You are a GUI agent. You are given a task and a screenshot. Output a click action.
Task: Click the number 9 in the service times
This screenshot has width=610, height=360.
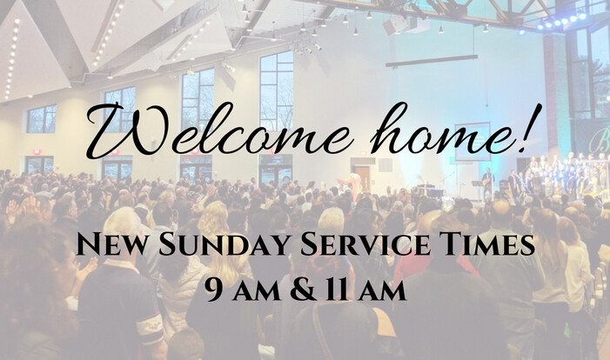click(x=214, y=290)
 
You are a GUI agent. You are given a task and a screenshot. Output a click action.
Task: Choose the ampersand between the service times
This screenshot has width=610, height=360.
click(x=303, y=290)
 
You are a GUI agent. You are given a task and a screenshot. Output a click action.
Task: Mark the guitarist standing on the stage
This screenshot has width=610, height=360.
click(x=487, y=183)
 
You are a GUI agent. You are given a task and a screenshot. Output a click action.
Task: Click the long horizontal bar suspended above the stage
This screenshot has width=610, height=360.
click(x=432, y=61)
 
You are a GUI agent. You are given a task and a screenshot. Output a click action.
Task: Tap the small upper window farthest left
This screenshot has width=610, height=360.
click(x=42, y=119)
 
